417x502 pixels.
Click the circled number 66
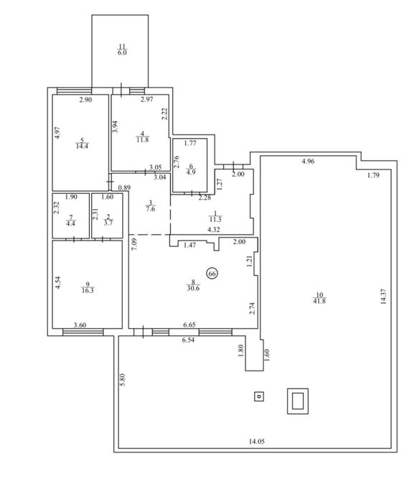pyautogui.click(x=212, y=274)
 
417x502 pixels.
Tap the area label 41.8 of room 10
pyautogui.click(x=319, y=301)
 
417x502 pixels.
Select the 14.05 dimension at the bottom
pyautogui.click(x=257, y=442)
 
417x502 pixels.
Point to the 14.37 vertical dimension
pyautogui.click(x=384, y=297)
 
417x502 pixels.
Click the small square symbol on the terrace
pyautogui.click(x=259, y=397)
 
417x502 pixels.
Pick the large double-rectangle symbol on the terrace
pyautogui.click(x=298, y=401)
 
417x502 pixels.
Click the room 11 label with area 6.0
pyautogui.click(x=122, y=50)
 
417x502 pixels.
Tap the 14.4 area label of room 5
pyautogui.click(x=83, y=146)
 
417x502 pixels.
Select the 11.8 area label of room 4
pyautogui.click(x=142, y=139)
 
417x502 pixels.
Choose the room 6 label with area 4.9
pyautogui.click(x=191, y=169)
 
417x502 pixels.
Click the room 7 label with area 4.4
pyautogui.click(x=70, y=221)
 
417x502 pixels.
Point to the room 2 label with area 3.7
pyautogui.click(x=108, y=220)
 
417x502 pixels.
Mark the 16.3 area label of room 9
pyautogui.click(x=88, y=290)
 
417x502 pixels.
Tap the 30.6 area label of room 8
pyautogui.click(x=193, y=288)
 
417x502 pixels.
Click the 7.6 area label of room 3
pyautogui.click(x=151, y=209)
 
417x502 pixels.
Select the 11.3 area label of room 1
pyautogui.click(x=215, y=219)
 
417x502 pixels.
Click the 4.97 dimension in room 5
pyautogui.click(x=57, y=133)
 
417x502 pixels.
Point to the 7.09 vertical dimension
pyautogui.click(x=134, y=245)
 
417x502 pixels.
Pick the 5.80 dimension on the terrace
pyautogui.click(x=122, y=380)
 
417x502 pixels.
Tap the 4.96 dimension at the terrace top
pyautogui.click(x=308, y=162)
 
